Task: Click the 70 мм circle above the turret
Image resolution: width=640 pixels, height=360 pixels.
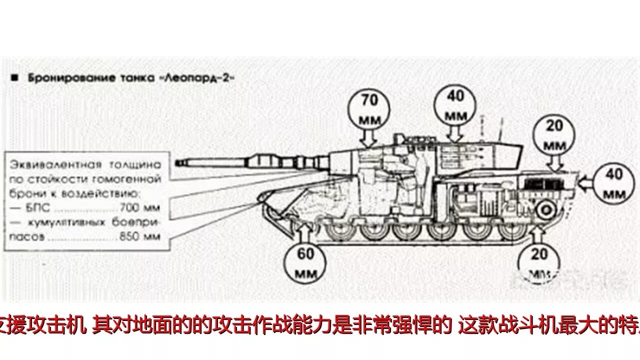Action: click(x=369, y=109)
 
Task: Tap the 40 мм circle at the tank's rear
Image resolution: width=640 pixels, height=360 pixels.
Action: click(x=613, y=183)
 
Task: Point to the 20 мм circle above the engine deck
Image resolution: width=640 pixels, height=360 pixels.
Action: click(x=553, y=134)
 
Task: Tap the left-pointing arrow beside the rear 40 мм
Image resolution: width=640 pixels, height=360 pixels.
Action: click(x=585, y=183)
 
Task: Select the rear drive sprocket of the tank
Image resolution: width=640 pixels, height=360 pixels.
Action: click(x=544, y=209)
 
